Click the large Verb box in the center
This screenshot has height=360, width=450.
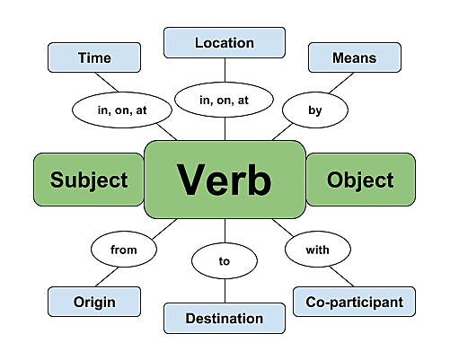coord(224,179)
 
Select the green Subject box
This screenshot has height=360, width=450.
coord(88,180)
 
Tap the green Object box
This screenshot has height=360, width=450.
coord(360,180)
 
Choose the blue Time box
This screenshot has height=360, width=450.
coord(94,58)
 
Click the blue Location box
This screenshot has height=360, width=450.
coord(224,42)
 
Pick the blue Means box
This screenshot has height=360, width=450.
coord(354,58)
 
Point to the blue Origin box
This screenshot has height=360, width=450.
coord(94,302)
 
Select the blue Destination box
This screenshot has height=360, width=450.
coord(224,318)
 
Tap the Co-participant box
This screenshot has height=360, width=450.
coord(354,302)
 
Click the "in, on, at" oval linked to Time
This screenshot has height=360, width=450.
coord(110,111)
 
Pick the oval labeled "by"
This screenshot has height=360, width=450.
coord(314,110)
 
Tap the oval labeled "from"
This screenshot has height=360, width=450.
coord(124,250)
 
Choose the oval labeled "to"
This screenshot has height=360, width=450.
coord(224,262)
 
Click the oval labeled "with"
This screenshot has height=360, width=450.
coord(315,250)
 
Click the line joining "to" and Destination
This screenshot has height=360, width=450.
coord(224,292)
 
